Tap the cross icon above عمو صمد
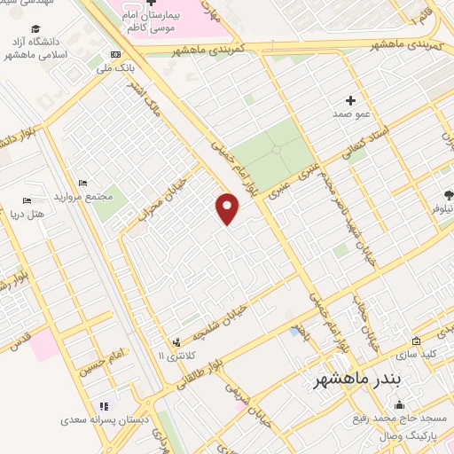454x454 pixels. [351, 100]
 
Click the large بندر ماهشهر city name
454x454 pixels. [358, 380]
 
